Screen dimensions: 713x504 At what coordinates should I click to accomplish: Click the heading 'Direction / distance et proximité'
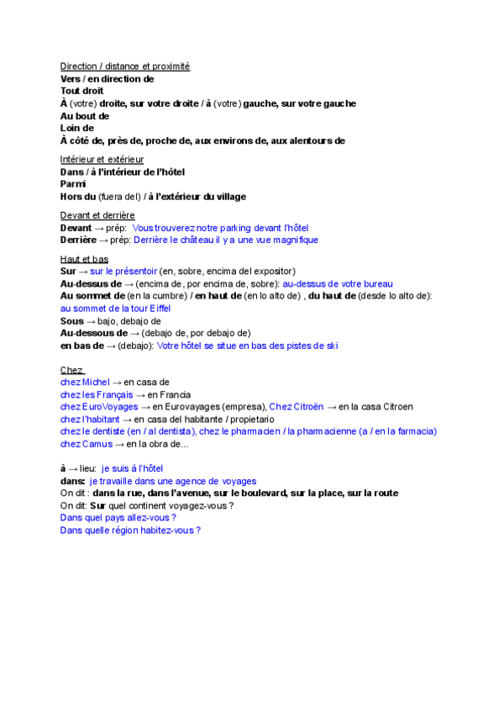125,66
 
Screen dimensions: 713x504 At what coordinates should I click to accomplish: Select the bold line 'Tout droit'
82,91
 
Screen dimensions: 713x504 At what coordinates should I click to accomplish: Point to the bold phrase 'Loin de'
77,129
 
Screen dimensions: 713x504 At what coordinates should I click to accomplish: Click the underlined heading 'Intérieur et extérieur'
102,159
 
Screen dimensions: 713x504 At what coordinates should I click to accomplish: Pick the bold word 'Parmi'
74,184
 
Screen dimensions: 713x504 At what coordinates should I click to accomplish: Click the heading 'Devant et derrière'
97,215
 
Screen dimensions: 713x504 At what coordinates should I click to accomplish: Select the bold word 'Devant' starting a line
76,228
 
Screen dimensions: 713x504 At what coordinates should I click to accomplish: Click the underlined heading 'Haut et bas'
84,259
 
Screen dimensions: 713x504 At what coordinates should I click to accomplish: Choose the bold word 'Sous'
72,321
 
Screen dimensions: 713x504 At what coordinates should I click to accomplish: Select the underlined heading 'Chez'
71,370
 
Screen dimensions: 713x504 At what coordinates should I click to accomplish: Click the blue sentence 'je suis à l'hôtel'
132,468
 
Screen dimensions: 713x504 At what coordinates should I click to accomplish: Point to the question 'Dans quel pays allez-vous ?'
118,518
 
